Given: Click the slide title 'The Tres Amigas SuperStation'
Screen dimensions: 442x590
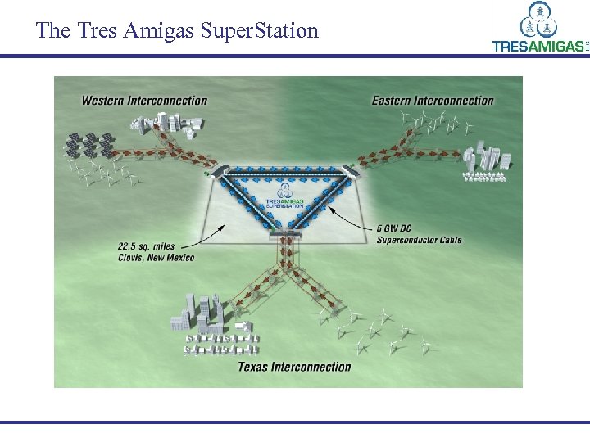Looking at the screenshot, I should click(177, 31).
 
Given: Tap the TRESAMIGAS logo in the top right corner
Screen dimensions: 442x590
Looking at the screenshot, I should click(539, 28).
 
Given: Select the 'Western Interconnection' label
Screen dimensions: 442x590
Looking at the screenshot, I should click(144, 101).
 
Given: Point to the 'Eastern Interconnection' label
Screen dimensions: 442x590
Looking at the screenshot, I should click(433, 101).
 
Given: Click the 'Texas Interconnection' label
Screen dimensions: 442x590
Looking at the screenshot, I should click(294, 367).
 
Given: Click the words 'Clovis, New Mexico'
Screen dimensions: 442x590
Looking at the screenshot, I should click(155, 258).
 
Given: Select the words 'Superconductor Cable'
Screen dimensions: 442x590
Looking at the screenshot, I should click(419, 240).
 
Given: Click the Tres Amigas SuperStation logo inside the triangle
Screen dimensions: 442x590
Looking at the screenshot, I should click(284, 202).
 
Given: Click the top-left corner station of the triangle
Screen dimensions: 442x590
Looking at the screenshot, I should click(217, 169).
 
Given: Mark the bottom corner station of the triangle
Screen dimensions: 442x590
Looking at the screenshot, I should click(285, 237).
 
